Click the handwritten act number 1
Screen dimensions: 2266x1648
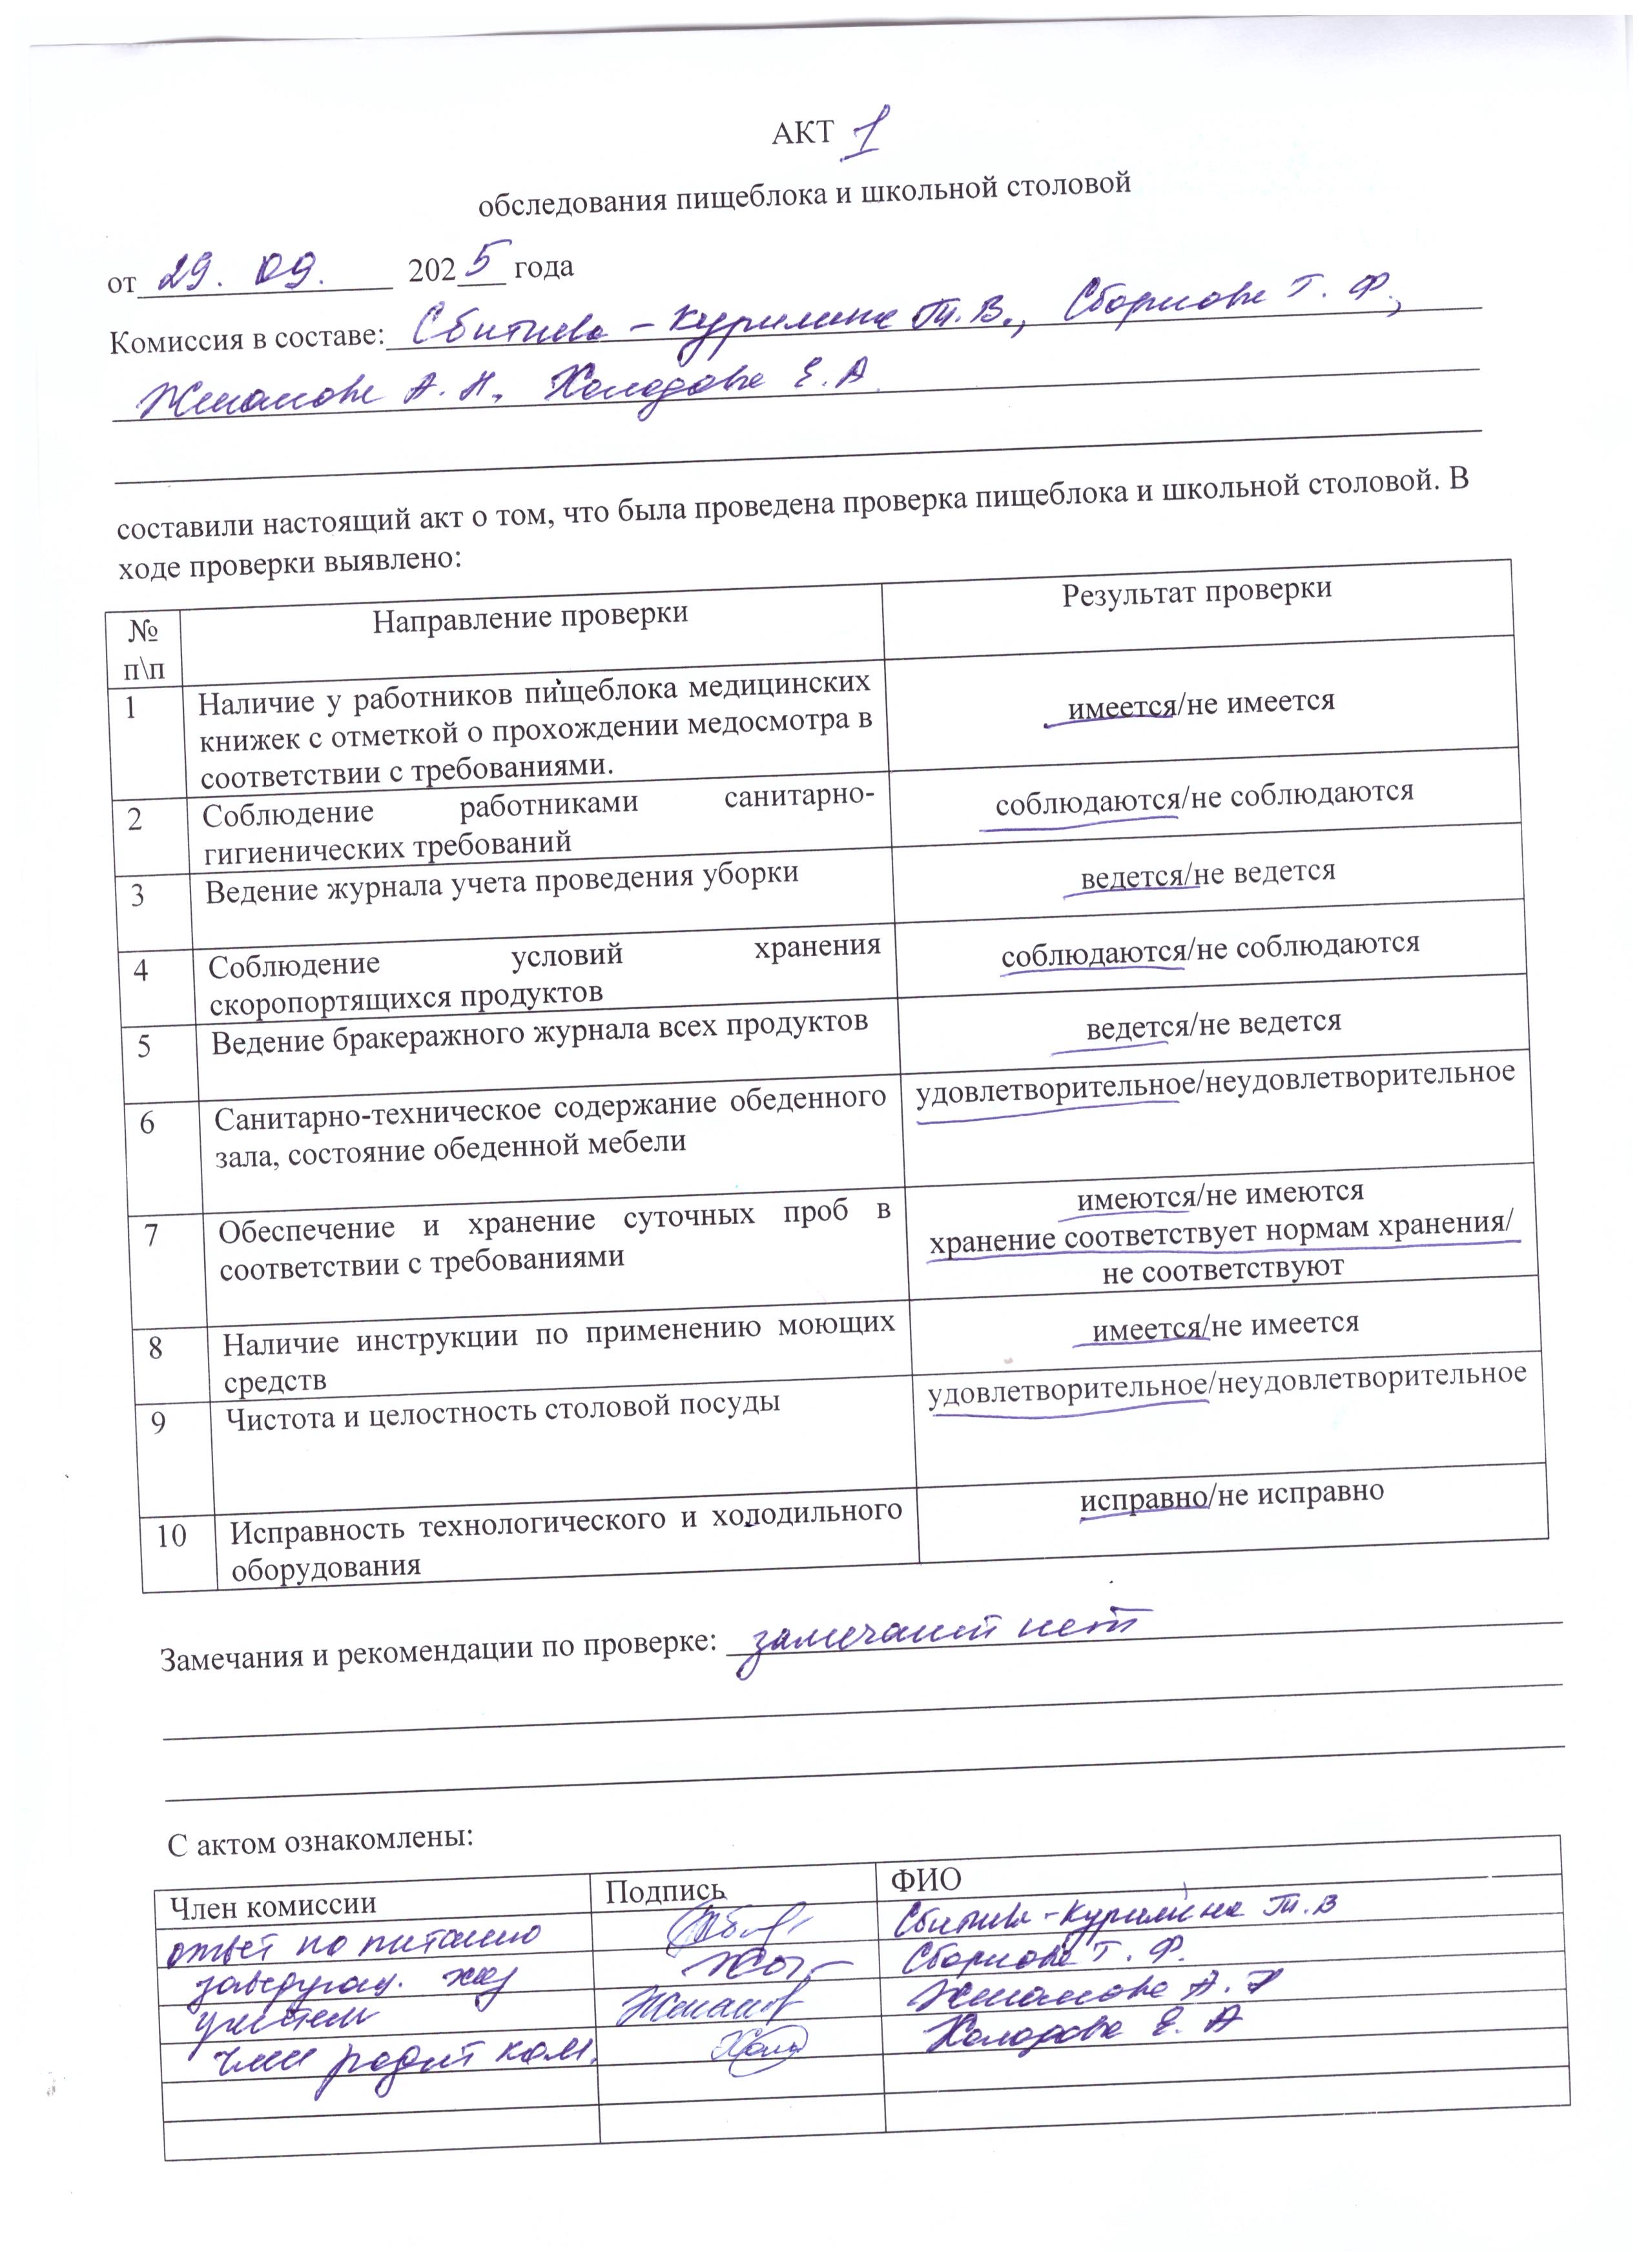point(861,134)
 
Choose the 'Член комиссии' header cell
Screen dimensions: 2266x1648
point(273,1904)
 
